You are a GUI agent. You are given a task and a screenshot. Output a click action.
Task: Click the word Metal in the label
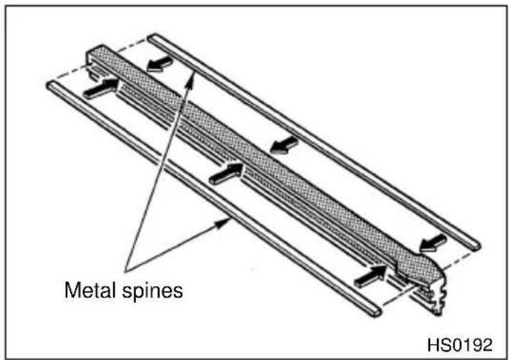point(90,290)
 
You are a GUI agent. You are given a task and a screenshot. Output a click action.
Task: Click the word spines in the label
point(152,292)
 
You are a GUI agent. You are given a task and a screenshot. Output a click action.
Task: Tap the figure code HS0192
point(460,345)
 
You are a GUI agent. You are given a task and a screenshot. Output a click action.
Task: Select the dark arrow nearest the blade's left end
point(100,88)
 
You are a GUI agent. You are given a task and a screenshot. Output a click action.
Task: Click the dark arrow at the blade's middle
point(227,174)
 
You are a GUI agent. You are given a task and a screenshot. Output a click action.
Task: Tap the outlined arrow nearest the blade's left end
point(159,64)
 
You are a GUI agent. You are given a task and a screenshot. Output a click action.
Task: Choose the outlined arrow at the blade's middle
point(284,145)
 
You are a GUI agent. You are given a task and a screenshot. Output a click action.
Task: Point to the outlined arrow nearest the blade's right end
point(433,243)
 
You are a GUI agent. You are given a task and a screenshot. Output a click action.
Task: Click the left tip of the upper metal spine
point(151,37)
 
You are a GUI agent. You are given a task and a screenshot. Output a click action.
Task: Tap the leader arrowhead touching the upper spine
point(192,77)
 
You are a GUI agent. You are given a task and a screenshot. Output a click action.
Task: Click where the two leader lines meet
point(126,270)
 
